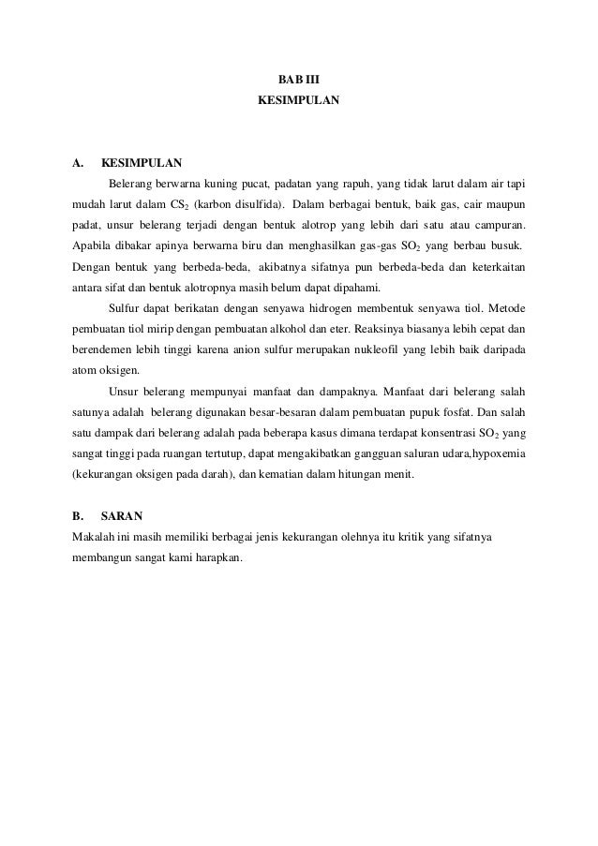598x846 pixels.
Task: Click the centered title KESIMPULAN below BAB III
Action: (298, 98)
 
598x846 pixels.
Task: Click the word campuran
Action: (497, 226)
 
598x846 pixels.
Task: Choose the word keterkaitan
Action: (494, 267)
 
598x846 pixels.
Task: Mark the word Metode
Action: (504, 309)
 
